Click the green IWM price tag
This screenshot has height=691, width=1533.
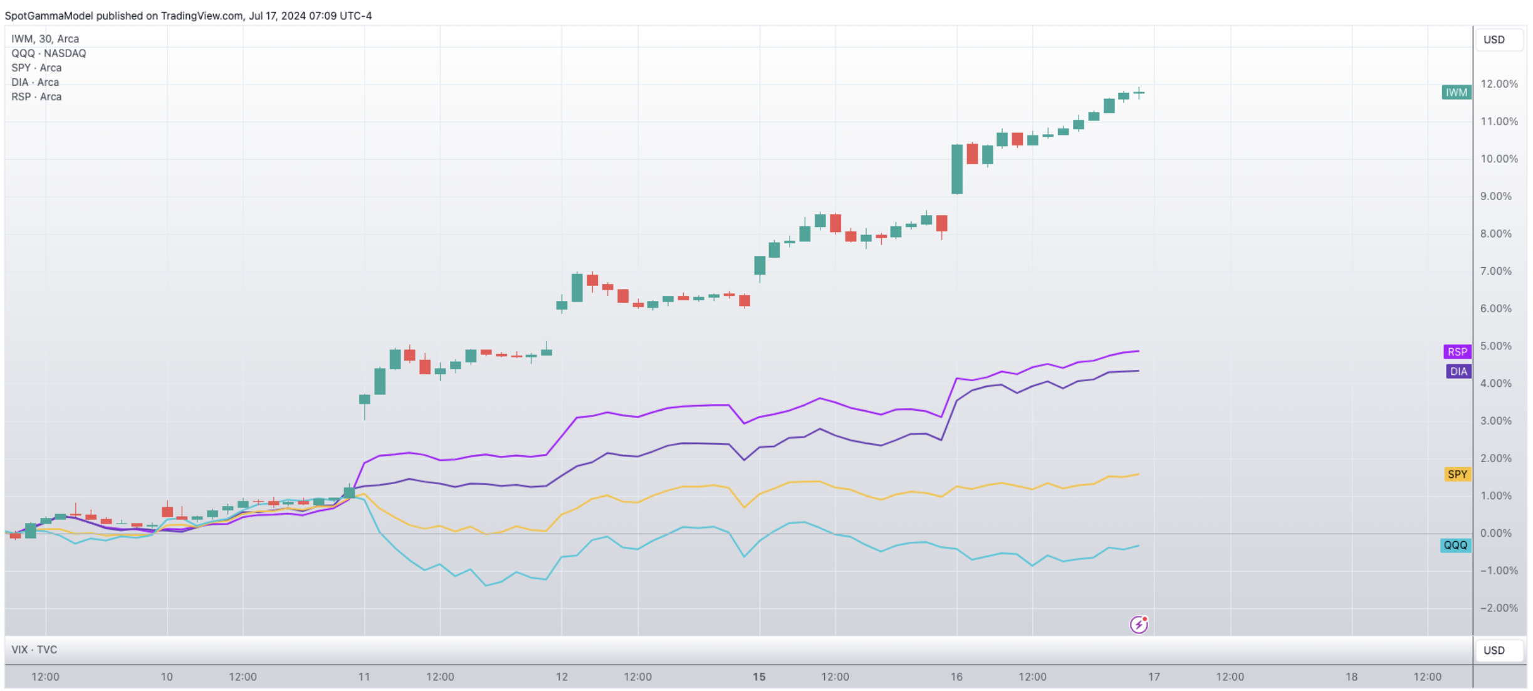(1456, 93)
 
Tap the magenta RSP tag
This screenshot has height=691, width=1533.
(1457, 352)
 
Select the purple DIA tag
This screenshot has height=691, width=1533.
(1458, 372)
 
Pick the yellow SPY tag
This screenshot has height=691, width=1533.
(1457, 475)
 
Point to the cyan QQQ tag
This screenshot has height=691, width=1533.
(1455, 546)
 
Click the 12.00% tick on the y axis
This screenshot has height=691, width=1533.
(1499, 84)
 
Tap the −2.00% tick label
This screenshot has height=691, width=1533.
(1499, 608)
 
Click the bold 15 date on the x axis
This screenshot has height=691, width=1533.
(759, 677)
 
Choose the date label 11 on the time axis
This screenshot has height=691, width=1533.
(364, 677)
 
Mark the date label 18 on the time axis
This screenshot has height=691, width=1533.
(1351, 677)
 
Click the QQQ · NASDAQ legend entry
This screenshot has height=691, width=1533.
(49, 53)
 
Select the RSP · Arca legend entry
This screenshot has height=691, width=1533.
(36, 97)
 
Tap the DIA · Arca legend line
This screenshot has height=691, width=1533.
(35, 82)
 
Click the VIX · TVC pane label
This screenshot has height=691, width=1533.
(34, 650)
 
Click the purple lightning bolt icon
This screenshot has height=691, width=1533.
(1139, 625)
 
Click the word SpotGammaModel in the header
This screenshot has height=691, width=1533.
(48, 16)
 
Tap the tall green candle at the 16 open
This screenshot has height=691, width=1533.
(957, 169)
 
